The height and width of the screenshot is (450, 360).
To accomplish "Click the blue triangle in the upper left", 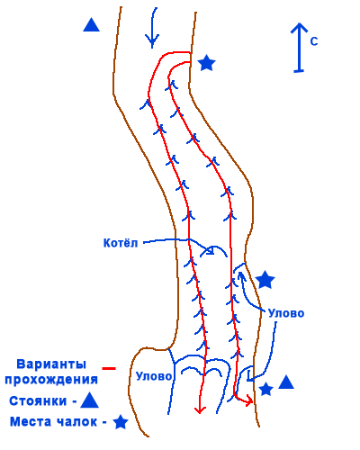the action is click(x=91, y=25).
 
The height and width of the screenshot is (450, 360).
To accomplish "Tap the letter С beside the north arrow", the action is click(x=314, y=41).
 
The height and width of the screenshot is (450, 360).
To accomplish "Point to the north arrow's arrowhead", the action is click(x=299, y=28).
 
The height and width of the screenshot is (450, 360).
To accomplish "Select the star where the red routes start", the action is click(x=207, y=63).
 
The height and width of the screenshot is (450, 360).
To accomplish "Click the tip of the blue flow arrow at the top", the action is click(x=152, y=48).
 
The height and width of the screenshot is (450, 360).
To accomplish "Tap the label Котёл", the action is click(x=121, y=243).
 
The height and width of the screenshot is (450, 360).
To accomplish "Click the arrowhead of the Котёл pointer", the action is click(x=211, y=251).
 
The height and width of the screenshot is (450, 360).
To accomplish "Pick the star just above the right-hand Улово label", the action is click(x=265, y=279).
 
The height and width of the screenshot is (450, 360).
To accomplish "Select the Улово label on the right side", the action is click(x=286, y=313).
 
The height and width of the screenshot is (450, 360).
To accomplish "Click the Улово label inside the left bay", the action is click(x=154, y=376).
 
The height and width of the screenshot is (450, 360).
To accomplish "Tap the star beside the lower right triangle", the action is click(x=265, y=389).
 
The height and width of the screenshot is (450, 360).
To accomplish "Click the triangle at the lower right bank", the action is click(x=286, y=382).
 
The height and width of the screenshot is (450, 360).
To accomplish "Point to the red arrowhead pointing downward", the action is click(x=200, y=410).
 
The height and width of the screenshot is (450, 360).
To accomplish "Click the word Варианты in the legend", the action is click(x=51, y=364).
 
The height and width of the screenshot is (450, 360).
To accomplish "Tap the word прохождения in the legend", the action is click(x=51, y=380).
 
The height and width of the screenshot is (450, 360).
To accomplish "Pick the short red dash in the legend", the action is click(x=109, y=368).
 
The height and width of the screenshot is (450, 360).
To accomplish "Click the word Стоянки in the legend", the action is click(x=38, y=401).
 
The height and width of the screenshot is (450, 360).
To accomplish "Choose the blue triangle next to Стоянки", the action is click(x=90, y=400).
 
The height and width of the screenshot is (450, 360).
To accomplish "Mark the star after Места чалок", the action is click(x=121, y=422).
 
